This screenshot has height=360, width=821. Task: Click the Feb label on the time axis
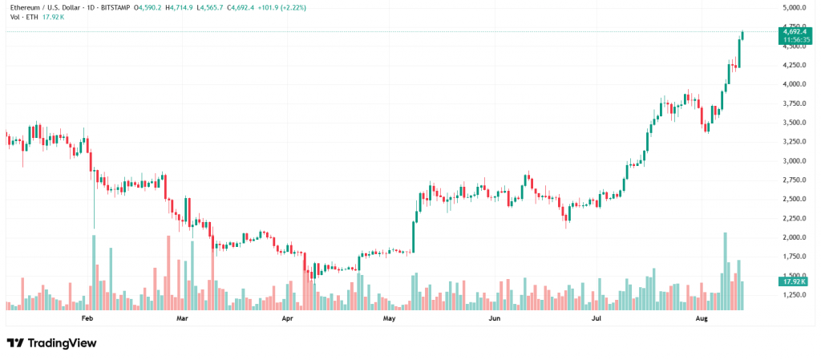[x=88, y=318]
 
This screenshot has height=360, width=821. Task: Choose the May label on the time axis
[x=390, y=318]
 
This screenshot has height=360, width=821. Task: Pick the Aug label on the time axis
[x=702, y=318]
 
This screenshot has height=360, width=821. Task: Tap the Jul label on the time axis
[x=597, y=318]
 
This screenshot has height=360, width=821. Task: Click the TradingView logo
[x=51, y=343]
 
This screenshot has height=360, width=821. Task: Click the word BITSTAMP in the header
[x=116, y=6]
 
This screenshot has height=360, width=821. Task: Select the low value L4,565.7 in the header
[x=215, y=6]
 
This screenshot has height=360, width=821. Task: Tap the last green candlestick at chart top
[x=742, y=35]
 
